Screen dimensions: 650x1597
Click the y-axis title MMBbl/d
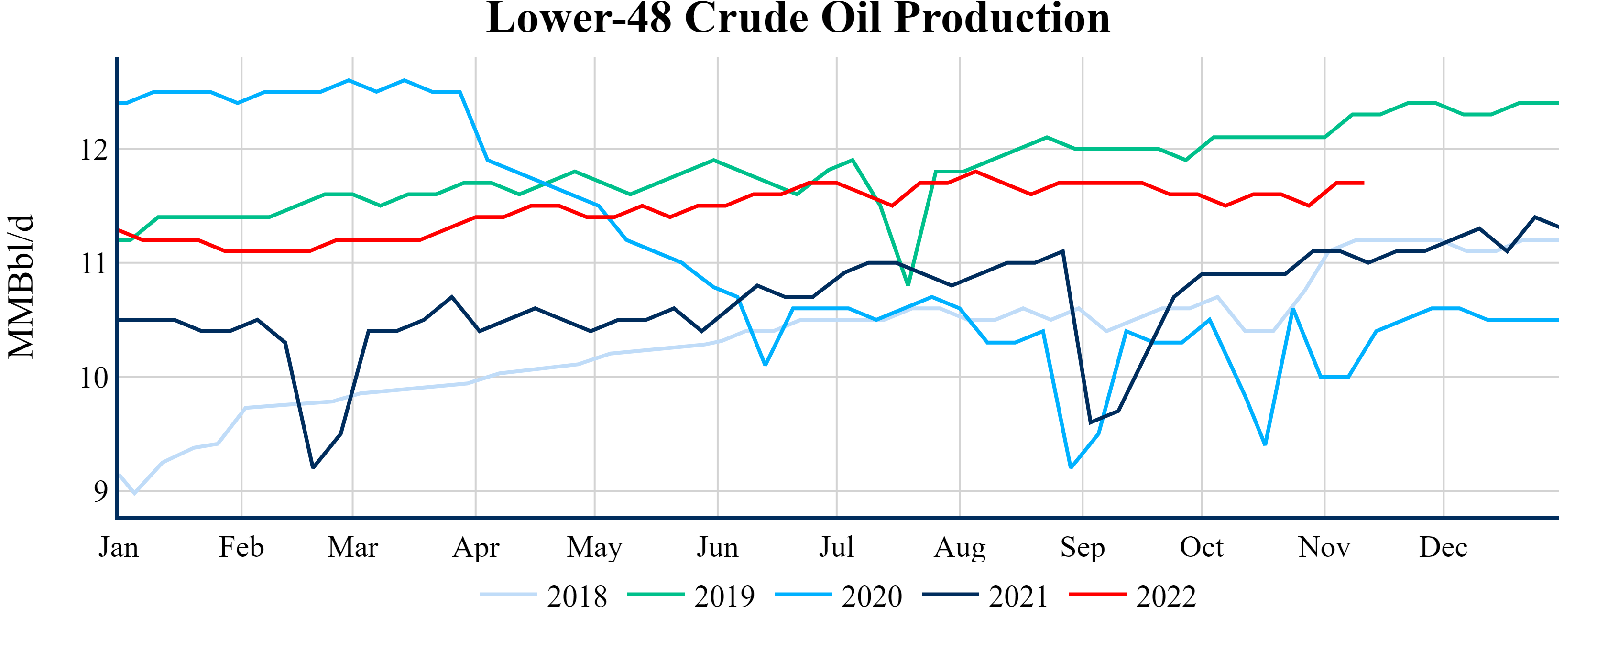[x=21, y=286]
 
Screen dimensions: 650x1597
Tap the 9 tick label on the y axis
[x=100, y=491]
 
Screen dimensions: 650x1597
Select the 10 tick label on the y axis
[x=94, y=378]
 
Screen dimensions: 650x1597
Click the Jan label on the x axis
[x=119, y=548]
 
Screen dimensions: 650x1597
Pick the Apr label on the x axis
[x=475, y=548]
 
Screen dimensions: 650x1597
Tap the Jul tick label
[x=836, y=548]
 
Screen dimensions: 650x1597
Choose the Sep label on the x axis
[x=1083, y=548]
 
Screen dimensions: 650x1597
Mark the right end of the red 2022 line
[x=1363, y=183]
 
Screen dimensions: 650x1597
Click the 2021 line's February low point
[x=313, y=468]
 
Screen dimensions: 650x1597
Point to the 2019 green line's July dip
[x=908, y=285]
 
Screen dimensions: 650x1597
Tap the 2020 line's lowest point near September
[x=1071, y=467]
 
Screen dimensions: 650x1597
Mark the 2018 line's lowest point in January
[x=134, y=493]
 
